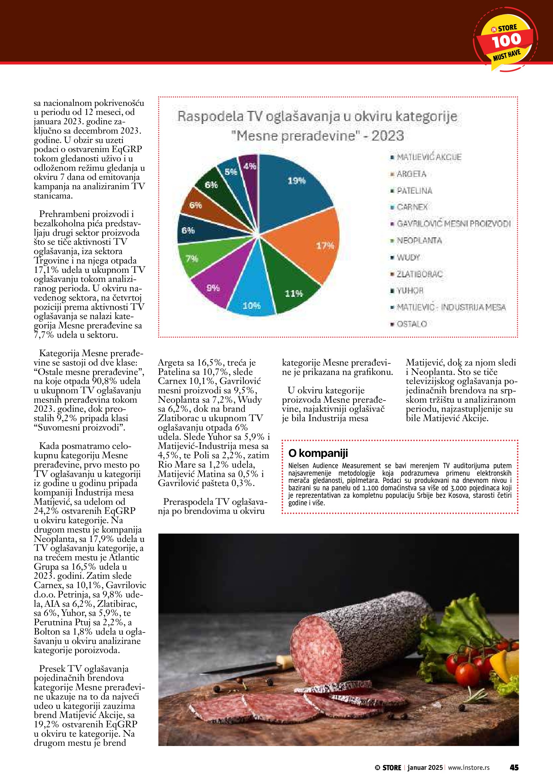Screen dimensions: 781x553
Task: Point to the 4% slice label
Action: [250, 166]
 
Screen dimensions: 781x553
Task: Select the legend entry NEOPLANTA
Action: [419, 240]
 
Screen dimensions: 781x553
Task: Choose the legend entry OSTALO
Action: [412, 324]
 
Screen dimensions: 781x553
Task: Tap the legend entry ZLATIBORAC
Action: [419, 274]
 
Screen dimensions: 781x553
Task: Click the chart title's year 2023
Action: [387, 136]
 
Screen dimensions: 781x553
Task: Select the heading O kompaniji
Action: [318, 453]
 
